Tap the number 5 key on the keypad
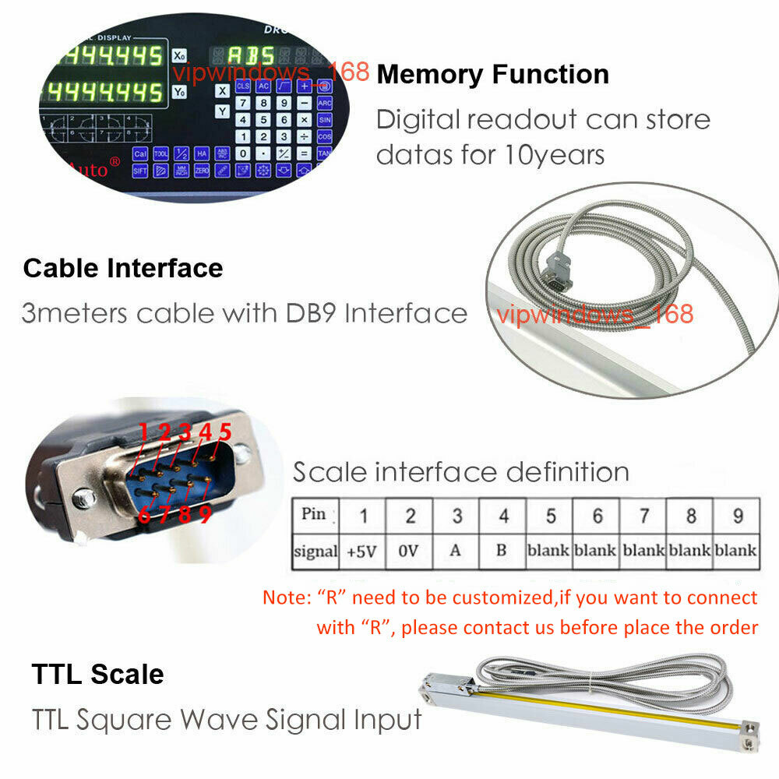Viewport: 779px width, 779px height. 263,120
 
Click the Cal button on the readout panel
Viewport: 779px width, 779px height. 140,154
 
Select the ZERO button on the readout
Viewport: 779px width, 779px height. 200,169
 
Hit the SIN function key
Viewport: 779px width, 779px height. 325,120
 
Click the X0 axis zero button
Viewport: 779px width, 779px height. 179,56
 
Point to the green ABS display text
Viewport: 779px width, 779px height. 250,56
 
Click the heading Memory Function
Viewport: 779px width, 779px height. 492,74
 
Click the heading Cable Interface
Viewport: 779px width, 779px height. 123,268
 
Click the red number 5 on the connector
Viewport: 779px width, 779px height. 225,431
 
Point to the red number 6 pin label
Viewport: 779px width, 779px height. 145,515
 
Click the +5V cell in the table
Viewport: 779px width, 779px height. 361,550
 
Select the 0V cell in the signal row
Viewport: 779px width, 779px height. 410,550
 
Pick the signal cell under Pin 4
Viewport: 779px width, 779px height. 502,550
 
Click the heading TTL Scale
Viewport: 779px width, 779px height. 98,674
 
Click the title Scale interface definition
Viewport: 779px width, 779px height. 460,472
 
